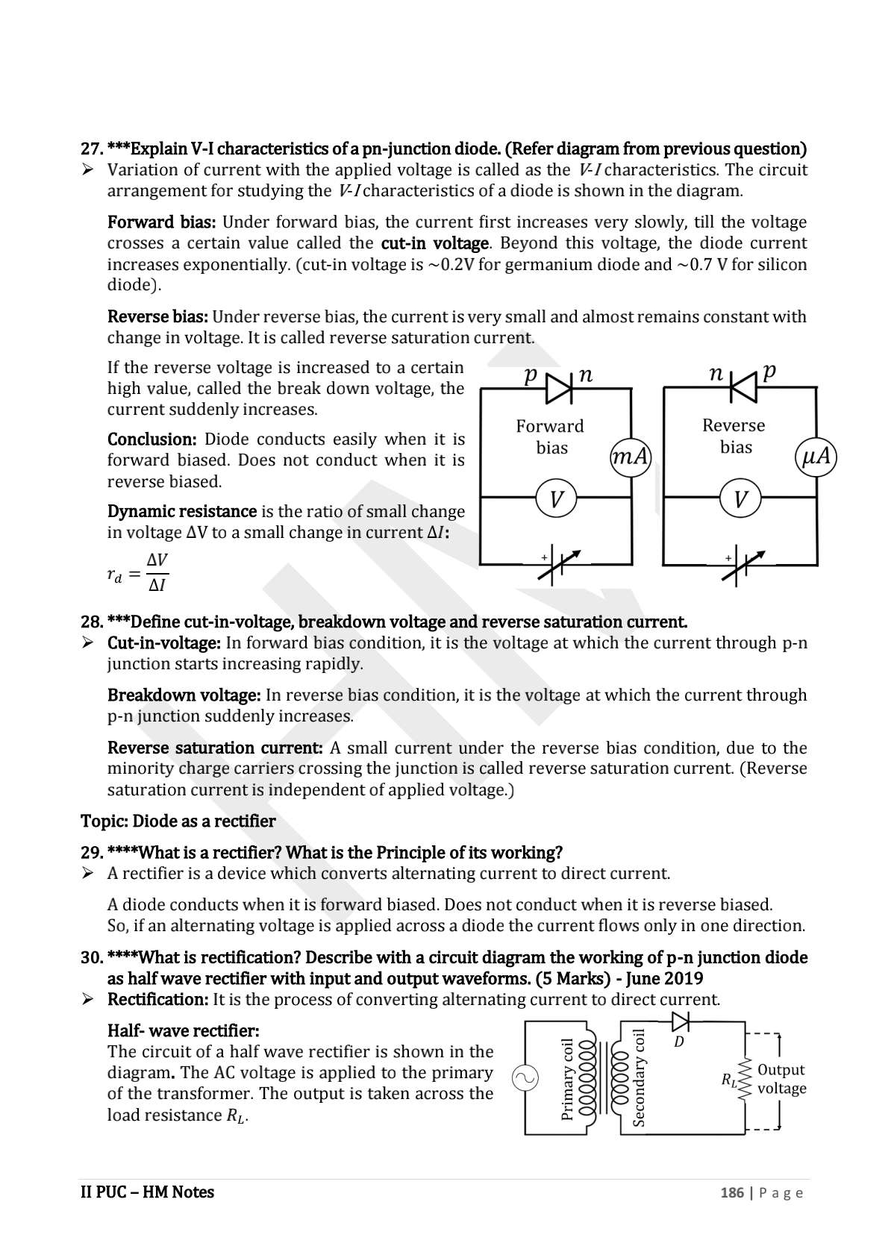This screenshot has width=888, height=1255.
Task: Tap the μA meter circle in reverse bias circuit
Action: (x=815, y=456)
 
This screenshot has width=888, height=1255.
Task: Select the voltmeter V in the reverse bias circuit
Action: (x=740, y=498)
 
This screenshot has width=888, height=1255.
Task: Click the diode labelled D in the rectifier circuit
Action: (x=680, y=1020)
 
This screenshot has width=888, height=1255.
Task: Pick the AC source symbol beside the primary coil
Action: (x=525, y=1077)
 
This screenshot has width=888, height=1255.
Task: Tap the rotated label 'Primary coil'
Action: (x=567, y=1079)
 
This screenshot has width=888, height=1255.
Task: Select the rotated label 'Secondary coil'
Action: (x=639, y=1077)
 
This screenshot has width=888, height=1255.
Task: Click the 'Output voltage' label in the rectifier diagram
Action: (x=781, y=1079)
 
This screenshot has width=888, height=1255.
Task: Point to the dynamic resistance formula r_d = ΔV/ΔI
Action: (x=137, y=573)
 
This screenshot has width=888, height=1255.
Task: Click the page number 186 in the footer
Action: (x=731, y=1192)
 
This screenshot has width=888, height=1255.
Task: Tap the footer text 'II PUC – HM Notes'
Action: (x=147, y=1192)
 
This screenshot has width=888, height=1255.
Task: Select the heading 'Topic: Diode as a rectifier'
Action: (x=178, y=821)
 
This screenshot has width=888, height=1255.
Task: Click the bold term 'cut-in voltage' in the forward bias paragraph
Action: (x=434, y=243)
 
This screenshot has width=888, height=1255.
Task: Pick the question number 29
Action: (x=91, y=852)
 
